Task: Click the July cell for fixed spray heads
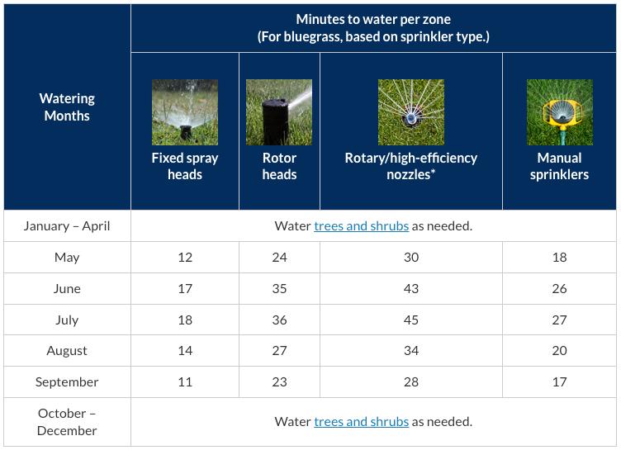pyautogui.click(x=185, y=320)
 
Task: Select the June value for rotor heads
pyautogui.click(x=279, y=288)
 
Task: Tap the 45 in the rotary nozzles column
pyautogui.click(x=410, y=320)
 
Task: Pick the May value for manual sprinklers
pyautogui.click(x=559, y=257)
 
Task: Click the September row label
pyautogui.click(x=67, y=381)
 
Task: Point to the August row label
pyautogui.click(x=67, y=350)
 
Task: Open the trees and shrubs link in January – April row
pyautogui.click(x=361, y=225)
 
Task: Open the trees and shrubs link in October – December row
pyautogui.click(x=361, y=421)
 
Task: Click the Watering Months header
pyautogui.click(x=67, y=107)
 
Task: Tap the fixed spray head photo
pyautogui.click(x=185, y=112)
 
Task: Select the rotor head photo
pyautogui.click(x=279, y=112)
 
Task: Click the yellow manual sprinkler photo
pyautogui.click(x=559, y=112)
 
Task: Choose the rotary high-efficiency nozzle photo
pyautogui.click(x=410, y=112)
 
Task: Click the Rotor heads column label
pyautogui.click(x=279, y=166)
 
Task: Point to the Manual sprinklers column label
pyautogui.click(x=559, y=166)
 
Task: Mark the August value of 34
pyautogui.click(x=410, y=350)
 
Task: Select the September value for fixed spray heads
pyautogui.click(x=185, y=381)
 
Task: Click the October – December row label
pyautogui.click(x=67, y=421)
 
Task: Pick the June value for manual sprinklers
pyautogui.click(x=559, y=288)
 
